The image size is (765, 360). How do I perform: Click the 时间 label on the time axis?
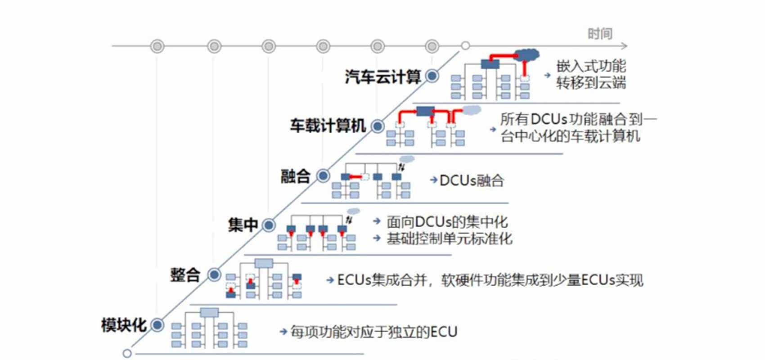600,34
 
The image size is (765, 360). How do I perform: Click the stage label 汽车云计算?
382,77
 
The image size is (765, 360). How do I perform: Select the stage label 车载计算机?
328,126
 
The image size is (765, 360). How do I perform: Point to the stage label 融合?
295,176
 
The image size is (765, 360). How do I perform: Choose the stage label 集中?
243,225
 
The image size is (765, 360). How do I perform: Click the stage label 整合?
185,274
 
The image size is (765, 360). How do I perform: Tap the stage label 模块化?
124,325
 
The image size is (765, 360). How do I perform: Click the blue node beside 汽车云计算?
432,76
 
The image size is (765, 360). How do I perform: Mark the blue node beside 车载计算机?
378,126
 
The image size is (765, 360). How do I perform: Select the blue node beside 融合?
323,175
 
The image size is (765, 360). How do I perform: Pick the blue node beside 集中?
269,225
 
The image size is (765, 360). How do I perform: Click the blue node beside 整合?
214,274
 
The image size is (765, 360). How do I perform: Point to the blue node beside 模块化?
157,324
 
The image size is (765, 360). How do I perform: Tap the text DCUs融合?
471,181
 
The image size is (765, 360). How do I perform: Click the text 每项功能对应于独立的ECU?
373,332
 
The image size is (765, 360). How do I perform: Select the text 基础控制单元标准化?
449,238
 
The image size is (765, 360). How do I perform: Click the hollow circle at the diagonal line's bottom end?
127,353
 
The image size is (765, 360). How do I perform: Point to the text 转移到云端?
591,83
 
